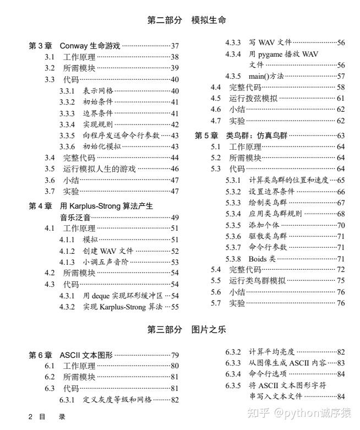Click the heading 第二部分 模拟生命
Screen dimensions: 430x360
point(187,20)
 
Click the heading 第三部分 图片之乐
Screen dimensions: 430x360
point(187,330)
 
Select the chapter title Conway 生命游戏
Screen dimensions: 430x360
point(90,46)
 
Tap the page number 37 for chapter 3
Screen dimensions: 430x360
point(175,46)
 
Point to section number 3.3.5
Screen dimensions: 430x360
point(67,135)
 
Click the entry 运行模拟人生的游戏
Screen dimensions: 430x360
point(99,169)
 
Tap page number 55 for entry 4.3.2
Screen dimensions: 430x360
point(175,307)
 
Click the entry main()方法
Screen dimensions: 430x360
point(266,76)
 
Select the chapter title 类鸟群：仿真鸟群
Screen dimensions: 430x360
point(258,135)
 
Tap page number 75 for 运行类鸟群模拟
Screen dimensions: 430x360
point(341,281)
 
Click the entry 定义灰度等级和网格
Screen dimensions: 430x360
point(117,400)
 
